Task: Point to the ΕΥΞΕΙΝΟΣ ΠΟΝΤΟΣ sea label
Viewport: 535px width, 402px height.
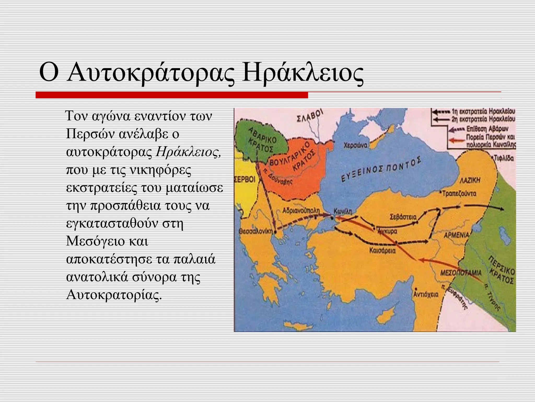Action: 381,170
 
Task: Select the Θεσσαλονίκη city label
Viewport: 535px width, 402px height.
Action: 256,232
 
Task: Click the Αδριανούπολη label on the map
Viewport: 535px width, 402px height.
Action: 301,210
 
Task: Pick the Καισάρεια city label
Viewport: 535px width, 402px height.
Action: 382,251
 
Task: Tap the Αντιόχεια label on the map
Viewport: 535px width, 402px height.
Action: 426,294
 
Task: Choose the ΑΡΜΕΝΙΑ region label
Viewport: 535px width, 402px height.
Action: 457,235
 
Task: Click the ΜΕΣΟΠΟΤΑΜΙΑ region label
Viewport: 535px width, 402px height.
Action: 461,273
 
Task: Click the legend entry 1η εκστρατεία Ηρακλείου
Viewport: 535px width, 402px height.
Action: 483,111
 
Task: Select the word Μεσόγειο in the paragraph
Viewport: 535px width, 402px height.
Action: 95,241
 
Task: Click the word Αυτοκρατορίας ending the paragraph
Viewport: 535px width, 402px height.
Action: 114,295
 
